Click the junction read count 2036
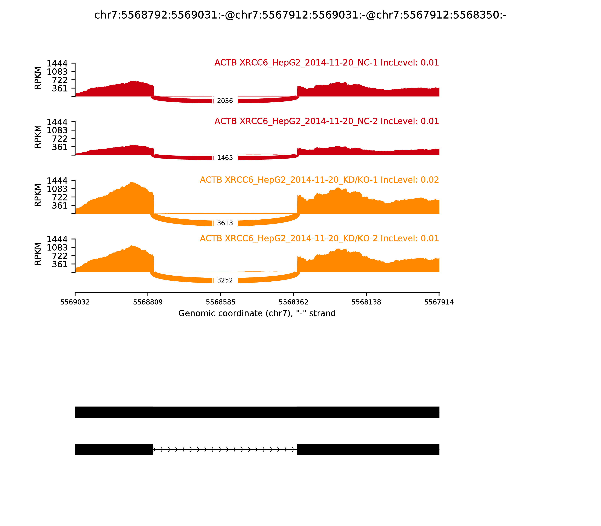[225, 101]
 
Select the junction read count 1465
[225, 158]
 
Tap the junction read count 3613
[225, 223]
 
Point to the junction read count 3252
[225, 280]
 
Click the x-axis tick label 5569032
[75, 302]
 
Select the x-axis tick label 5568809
[148, 302]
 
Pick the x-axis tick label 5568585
[221, 302]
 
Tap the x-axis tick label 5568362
[293, 302]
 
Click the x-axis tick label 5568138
[366, 302]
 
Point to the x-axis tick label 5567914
[439, 302]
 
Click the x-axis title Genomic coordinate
[257, 314]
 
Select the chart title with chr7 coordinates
[300, 15]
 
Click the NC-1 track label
[327, 63]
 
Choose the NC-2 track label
[327, 121]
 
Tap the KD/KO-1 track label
[319, 180]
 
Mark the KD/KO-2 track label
[319, 238]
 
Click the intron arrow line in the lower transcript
[225, 449]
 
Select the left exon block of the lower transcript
[114, 449]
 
